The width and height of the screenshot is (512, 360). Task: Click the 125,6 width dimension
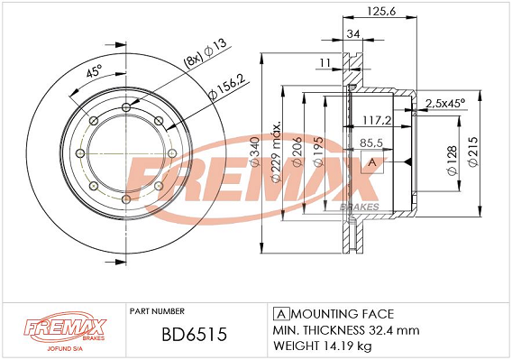pos(381,12)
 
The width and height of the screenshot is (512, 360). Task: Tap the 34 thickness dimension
pos(353,33)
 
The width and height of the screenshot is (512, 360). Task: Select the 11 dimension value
pos(325,62)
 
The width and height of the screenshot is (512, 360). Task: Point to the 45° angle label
pos(94,71)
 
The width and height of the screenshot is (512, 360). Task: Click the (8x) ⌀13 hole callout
pos(206,53)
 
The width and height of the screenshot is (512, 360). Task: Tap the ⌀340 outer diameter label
pos(255,152)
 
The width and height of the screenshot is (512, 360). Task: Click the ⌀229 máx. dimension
pos(276,153)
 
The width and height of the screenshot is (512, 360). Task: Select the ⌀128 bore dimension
pos(452,161)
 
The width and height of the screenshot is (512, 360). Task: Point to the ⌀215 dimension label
pos(473,152)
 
